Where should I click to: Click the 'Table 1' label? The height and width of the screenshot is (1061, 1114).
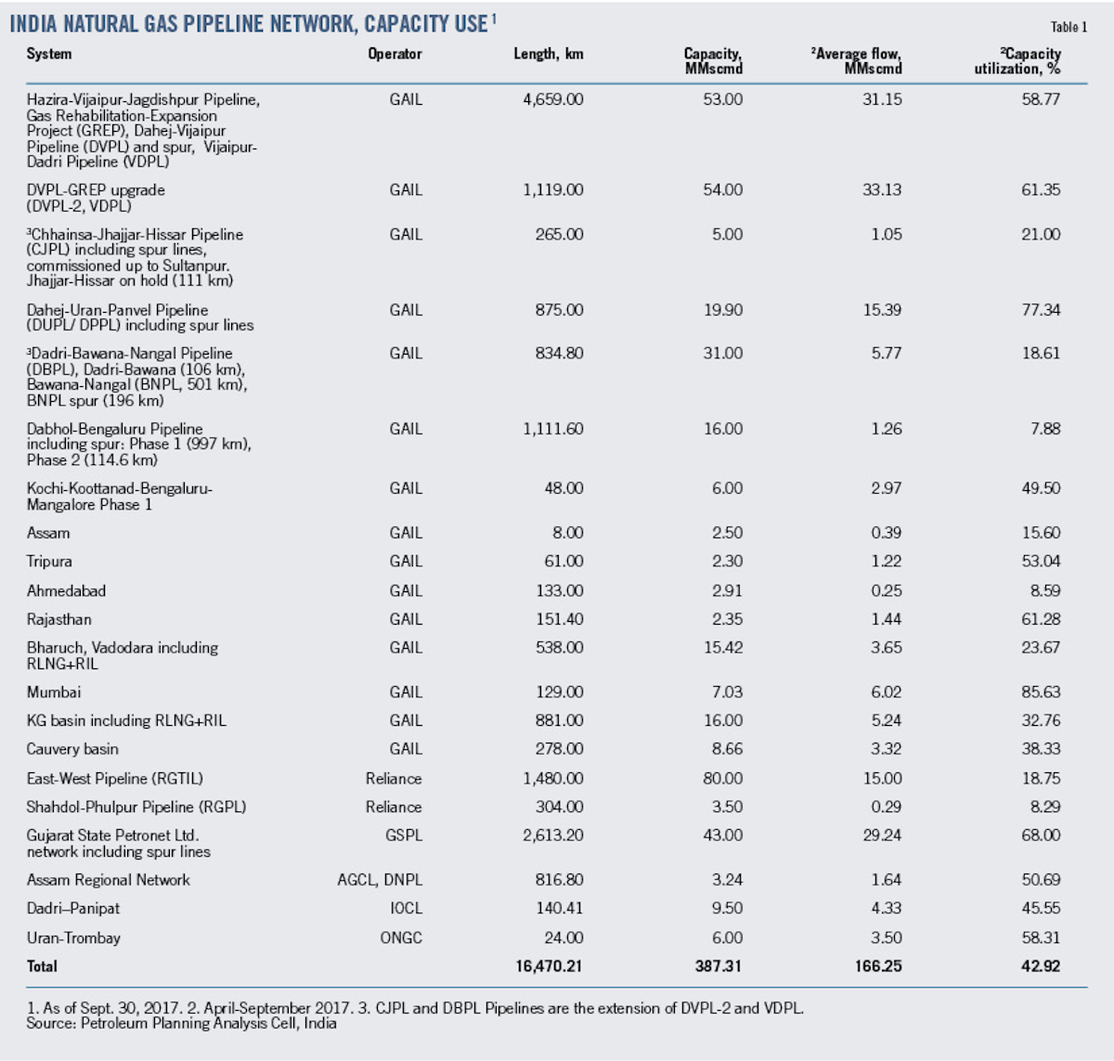[1069, 27]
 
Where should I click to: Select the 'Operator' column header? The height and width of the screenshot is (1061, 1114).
[395, 54]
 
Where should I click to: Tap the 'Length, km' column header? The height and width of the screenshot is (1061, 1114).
[549, 54]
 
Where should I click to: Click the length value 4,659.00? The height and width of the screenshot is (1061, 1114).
[553, 99]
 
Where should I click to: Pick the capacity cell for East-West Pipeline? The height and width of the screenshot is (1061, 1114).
[722, 779]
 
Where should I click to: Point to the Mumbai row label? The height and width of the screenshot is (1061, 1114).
[54, 692]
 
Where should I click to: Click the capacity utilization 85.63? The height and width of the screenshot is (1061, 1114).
[1041, 692]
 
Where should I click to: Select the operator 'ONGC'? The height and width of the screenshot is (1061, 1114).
[401, 938]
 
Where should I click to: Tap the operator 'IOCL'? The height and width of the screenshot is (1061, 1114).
[406, 909]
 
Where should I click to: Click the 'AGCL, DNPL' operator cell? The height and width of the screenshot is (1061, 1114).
[380, 880]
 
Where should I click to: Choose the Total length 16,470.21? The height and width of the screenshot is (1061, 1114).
[549, 966]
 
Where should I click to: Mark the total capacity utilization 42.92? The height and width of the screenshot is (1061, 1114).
[1041, 966]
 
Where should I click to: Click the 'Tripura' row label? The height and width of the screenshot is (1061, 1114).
[49, 562]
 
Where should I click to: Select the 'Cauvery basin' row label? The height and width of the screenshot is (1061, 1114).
[72, 749]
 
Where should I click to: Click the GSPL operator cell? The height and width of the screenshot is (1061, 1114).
[404, 835]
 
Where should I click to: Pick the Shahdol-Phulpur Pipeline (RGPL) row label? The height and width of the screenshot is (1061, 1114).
[136, 808]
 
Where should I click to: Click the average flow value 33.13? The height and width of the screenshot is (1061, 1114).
[882, 190]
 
